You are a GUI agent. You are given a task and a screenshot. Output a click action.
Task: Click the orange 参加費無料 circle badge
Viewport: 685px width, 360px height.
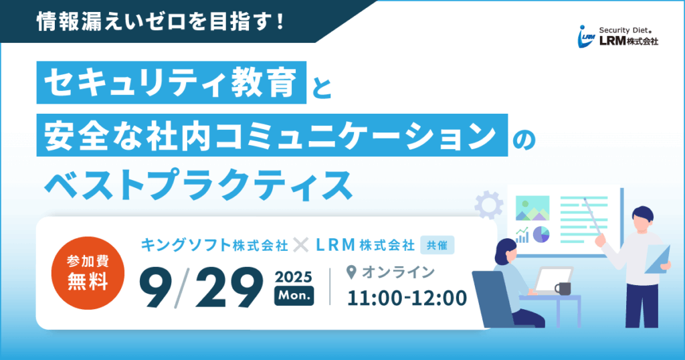point(87,272)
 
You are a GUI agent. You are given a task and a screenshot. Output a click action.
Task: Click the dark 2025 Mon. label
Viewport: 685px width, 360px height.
point(294,287)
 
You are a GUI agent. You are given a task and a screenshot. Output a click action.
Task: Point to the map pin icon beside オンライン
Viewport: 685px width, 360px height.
point(351,272)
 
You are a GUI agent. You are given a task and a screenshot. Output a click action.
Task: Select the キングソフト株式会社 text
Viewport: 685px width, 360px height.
point(214,245)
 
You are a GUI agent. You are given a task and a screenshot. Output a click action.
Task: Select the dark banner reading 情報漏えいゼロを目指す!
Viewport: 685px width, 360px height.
point(161,21)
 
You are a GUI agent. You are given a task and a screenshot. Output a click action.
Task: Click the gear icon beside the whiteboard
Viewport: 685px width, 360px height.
point(488,203)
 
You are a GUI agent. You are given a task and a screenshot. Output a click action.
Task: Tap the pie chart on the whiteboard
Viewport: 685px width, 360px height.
point(541,235)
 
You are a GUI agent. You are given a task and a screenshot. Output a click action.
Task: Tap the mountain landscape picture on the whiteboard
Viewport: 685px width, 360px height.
point(532,208)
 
